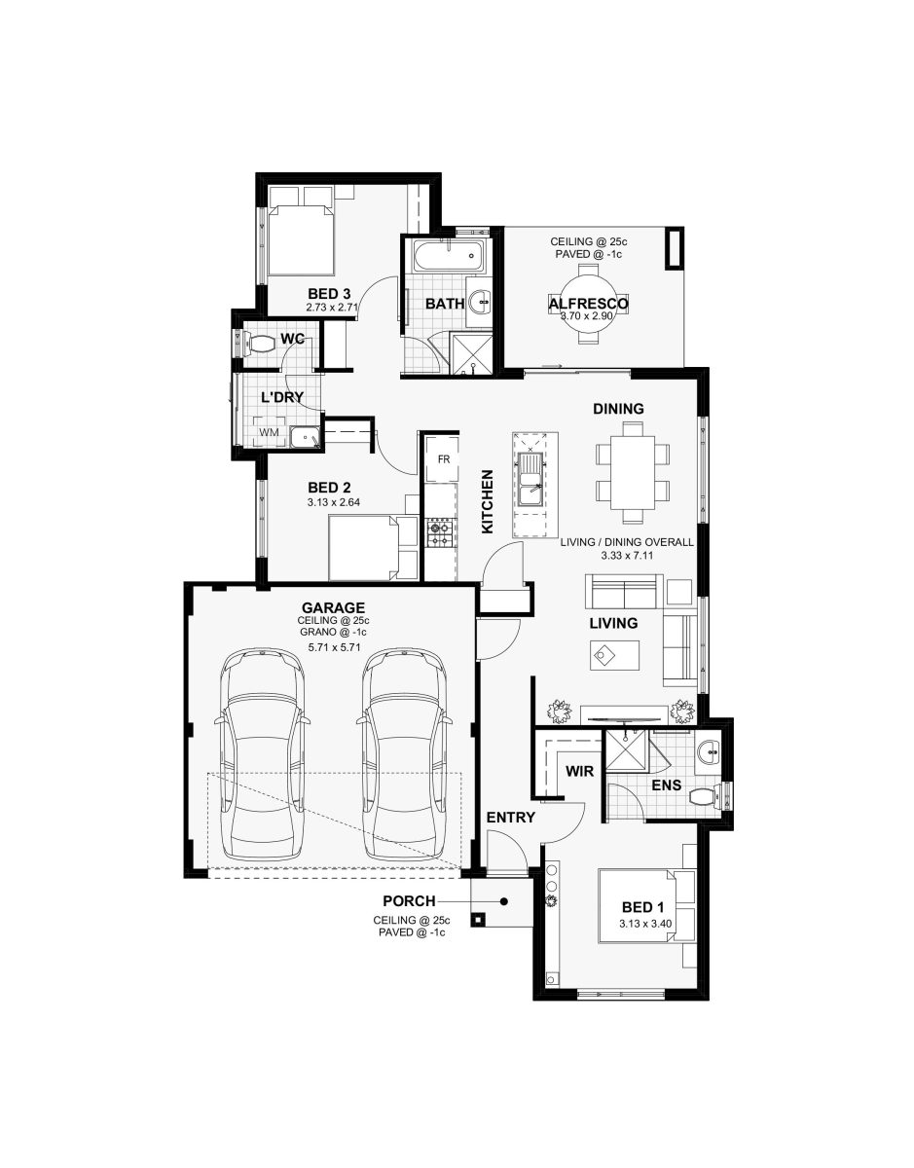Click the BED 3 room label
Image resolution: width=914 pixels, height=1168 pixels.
(329, 294)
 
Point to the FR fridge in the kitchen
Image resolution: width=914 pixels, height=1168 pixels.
(443, 459)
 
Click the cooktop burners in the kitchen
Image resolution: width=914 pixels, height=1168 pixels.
(441, 532)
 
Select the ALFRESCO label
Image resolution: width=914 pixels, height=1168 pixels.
(588, 304)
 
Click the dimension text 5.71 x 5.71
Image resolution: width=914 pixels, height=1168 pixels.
(334, 647)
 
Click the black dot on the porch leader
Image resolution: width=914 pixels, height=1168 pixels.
(503, 902)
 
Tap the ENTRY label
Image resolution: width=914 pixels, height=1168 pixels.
(510, 818)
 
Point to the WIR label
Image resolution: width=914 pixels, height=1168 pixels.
(579, 771)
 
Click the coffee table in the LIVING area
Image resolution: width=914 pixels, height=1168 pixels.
(614, 655)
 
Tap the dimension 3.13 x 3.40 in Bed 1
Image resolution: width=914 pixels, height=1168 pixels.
(645, 924)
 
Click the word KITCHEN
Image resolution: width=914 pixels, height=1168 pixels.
(487, 501)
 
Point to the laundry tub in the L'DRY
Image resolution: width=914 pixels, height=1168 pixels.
(304, 436)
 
